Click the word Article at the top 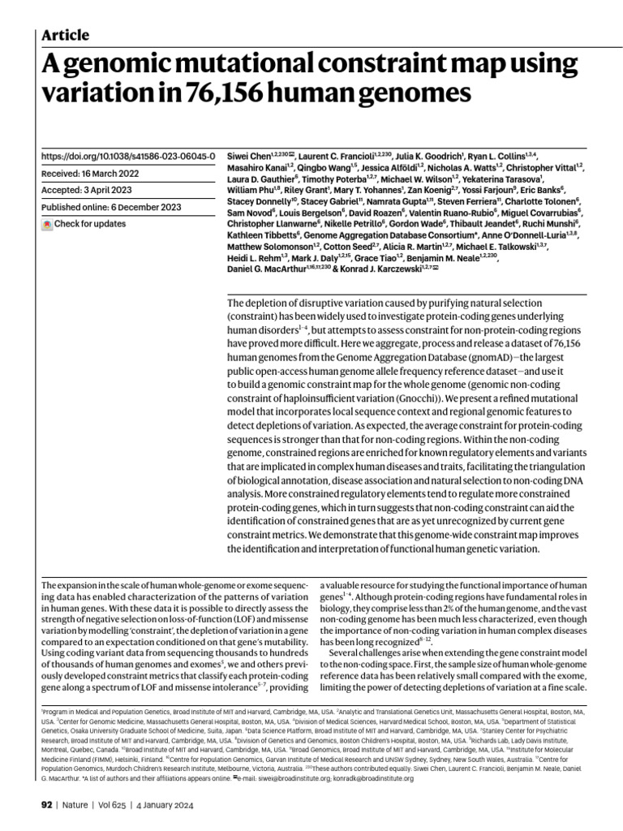click(65, 35)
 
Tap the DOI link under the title click(127, 156)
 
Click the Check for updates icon click(47, 224)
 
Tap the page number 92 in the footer click(46, 805)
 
